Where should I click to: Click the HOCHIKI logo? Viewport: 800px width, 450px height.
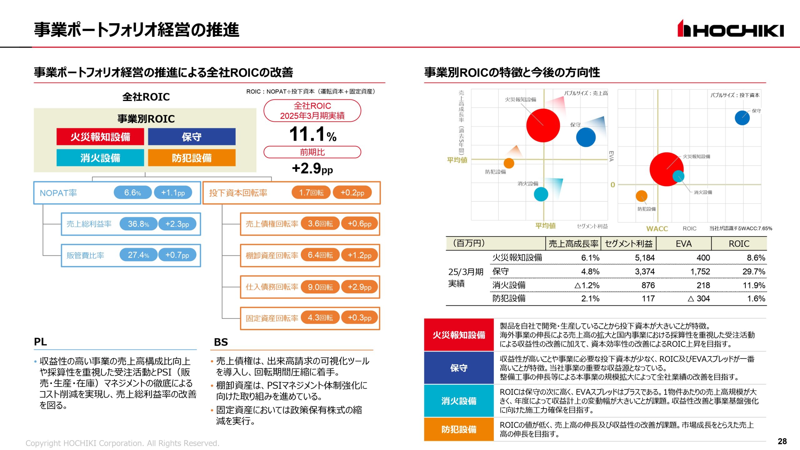[x=730, y=29]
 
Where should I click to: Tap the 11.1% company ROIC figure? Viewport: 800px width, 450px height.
[x=312, y=134]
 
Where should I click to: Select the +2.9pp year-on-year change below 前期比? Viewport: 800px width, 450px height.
[x=312, y=169]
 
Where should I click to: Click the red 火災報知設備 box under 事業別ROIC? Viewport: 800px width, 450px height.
[x=100, y=137]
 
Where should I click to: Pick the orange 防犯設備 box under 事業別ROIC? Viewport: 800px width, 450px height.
[x=192, y=158]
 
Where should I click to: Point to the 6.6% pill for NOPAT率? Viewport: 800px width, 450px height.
[x=132, y=192]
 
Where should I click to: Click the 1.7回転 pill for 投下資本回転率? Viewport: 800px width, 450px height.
[x=311, y=192]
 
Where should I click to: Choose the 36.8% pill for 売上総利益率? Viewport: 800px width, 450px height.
[x=138, y=224]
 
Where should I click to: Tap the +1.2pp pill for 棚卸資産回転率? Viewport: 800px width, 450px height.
[x=359, y=255]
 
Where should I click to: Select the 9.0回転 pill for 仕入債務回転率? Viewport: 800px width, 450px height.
[x=320, y=287]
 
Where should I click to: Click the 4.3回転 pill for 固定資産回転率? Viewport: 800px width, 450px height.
[x=320, y=318]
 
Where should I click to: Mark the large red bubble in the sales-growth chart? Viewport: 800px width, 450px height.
[x=543, y=125]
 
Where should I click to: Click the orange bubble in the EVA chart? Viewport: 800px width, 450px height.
[x=641, y=196]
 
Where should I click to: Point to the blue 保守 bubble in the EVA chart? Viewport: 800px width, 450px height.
[x=742, y=118]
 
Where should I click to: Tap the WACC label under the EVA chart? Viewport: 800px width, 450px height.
[x=657, y=229]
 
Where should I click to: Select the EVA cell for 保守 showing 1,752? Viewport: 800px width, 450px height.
[x=700, y=272]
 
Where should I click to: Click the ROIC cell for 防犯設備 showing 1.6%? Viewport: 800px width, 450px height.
[x=756, y=299]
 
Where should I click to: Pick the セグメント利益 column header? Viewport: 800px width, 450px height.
[x=628, y=244]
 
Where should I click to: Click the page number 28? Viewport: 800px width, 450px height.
[x=782, y=441]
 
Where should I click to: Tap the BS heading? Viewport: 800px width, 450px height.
[x=221, y=342]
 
